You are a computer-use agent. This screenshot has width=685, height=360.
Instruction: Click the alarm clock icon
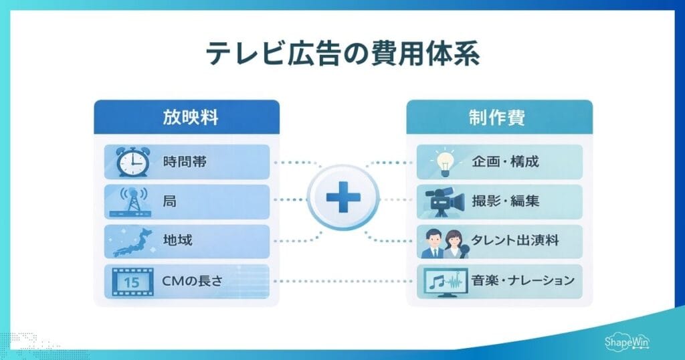pos(133,161)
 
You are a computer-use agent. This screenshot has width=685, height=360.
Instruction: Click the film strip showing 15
pos(132,281)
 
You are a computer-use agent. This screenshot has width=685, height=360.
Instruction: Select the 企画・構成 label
pos(505,161)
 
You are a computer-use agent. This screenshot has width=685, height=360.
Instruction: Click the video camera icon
pos(445,201)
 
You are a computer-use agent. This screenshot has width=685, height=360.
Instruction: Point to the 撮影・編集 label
pos(505,201)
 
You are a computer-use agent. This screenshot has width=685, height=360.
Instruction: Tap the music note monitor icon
pos(445,282)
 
